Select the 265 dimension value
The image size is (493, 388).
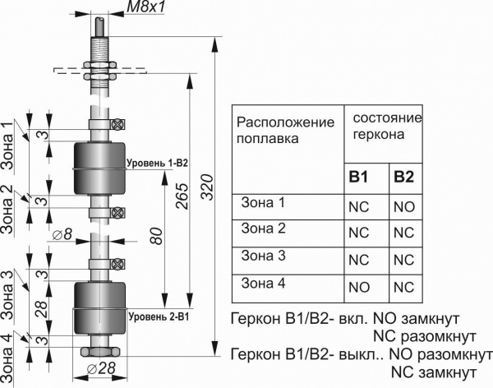180,196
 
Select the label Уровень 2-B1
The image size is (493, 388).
158,315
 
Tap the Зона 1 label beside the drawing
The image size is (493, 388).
8,146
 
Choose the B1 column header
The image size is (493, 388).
359,176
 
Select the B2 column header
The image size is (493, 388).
403,176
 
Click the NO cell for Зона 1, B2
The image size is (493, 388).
403,207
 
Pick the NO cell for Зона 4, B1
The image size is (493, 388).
359,287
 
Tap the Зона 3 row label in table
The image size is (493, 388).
263,256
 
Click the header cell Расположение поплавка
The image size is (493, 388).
285,130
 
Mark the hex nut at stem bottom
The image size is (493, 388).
101,351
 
